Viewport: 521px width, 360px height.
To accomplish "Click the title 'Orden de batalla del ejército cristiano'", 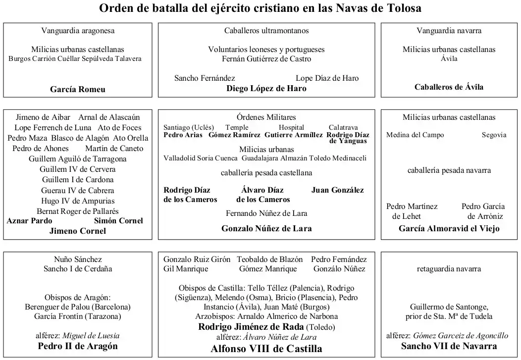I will click(260, 8).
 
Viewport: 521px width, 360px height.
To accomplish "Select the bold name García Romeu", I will click(78, 90).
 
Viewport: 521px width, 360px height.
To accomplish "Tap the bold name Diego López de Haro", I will click(266, 89).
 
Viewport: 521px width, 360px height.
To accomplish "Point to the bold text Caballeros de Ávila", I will click(449, 87).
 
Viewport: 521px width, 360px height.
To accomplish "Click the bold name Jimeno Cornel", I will click(78, 231).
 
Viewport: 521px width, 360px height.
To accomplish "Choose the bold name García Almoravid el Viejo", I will click(449, 228).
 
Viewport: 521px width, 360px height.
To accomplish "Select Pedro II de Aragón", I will click(78, 346).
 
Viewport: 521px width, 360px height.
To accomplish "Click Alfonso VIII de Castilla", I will click(266, 349).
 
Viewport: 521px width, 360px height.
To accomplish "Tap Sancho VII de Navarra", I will click(449, 346).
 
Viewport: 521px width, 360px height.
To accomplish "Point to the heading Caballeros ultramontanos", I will click(266, 31).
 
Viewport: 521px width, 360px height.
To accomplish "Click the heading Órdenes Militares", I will click(266, 117).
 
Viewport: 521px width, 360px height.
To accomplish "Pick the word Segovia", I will click(494, 135).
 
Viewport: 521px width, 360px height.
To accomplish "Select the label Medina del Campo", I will click(415, 135).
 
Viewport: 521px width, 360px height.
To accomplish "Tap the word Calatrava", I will click(343, 127).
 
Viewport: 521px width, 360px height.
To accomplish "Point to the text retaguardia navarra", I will click(449, 269).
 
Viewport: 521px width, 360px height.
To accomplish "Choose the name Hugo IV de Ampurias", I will click(78, 201).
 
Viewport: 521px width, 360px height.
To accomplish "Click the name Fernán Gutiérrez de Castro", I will click(266, 59).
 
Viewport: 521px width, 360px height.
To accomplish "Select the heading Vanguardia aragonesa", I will click(78, 31).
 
